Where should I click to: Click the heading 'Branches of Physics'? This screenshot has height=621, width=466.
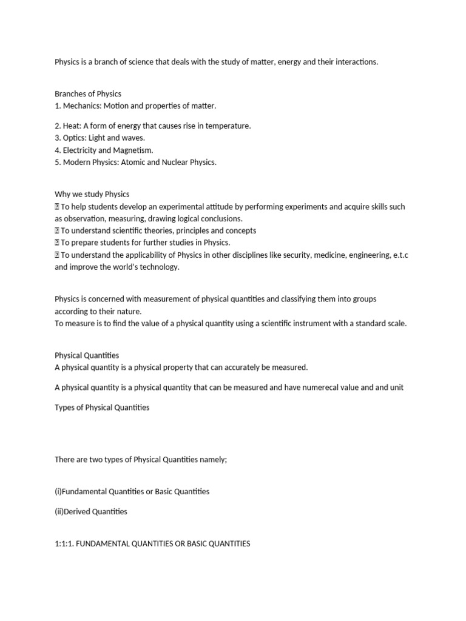point(88,94)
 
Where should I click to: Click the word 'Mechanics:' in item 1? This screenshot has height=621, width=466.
point(82,106)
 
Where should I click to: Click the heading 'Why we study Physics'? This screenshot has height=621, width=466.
point(92,195)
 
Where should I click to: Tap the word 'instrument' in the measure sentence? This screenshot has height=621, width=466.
point(311,323)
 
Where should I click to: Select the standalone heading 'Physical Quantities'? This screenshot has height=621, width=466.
point(87,355)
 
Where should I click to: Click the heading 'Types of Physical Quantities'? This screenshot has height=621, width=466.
point(102,408)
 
